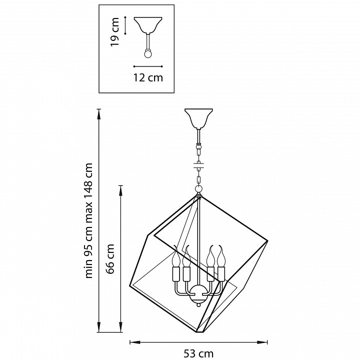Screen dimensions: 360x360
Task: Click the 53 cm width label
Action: [x=198, y=354]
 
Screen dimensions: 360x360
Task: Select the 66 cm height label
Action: [x=110, y=259]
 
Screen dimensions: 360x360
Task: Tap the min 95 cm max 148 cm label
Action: [x=89, y=220]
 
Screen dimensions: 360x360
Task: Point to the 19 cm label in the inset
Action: [x=115, y=31]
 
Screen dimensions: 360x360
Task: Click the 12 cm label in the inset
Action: [x=148, y=77]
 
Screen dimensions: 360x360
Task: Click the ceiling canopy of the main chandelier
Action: [x=198, y=118]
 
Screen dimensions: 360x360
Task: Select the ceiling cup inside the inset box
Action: [x=148, y=25]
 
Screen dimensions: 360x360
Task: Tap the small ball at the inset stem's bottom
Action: [x=148, y=53]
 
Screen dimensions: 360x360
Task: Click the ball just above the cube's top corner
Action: [x=198, y=189]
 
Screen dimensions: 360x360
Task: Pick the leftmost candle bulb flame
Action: [x=177, y=256]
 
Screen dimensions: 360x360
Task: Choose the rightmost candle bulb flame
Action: [x=221, y=256]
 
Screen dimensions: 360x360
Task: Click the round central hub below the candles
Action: [x=198, y=293]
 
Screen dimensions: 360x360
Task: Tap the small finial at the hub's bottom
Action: [x=198, y=305]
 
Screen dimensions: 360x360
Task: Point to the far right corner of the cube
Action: [x=267, y=241]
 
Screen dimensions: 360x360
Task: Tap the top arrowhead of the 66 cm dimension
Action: [x=120, y=191]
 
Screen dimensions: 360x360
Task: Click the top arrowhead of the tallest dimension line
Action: [x=99, y=114]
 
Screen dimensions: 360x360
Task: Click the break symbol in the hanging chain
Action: [x=198, y=165]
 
